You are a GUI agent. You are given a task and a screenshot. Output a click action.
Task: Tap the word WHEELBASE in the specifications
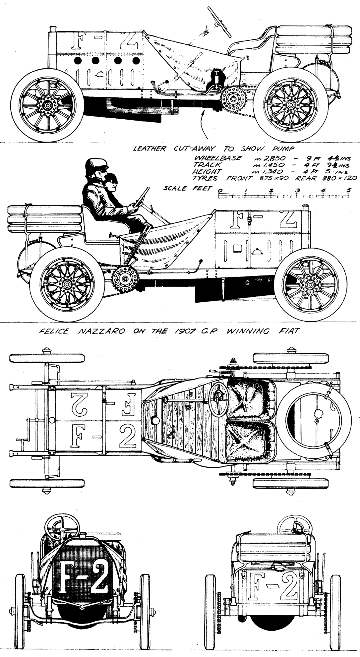(218, 158)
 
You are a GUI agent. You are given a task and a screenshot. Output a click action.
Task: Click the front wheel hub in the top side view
(47, 105)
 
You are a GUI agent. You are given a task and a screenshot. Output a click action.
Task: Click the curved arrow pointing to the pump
(204, 126)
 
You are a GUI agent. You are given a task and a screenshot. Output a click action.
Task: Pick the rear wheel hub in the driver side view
(67, 284)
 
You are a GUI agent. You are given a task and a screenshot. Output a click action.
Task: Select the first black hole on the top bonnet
(78, 61)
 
